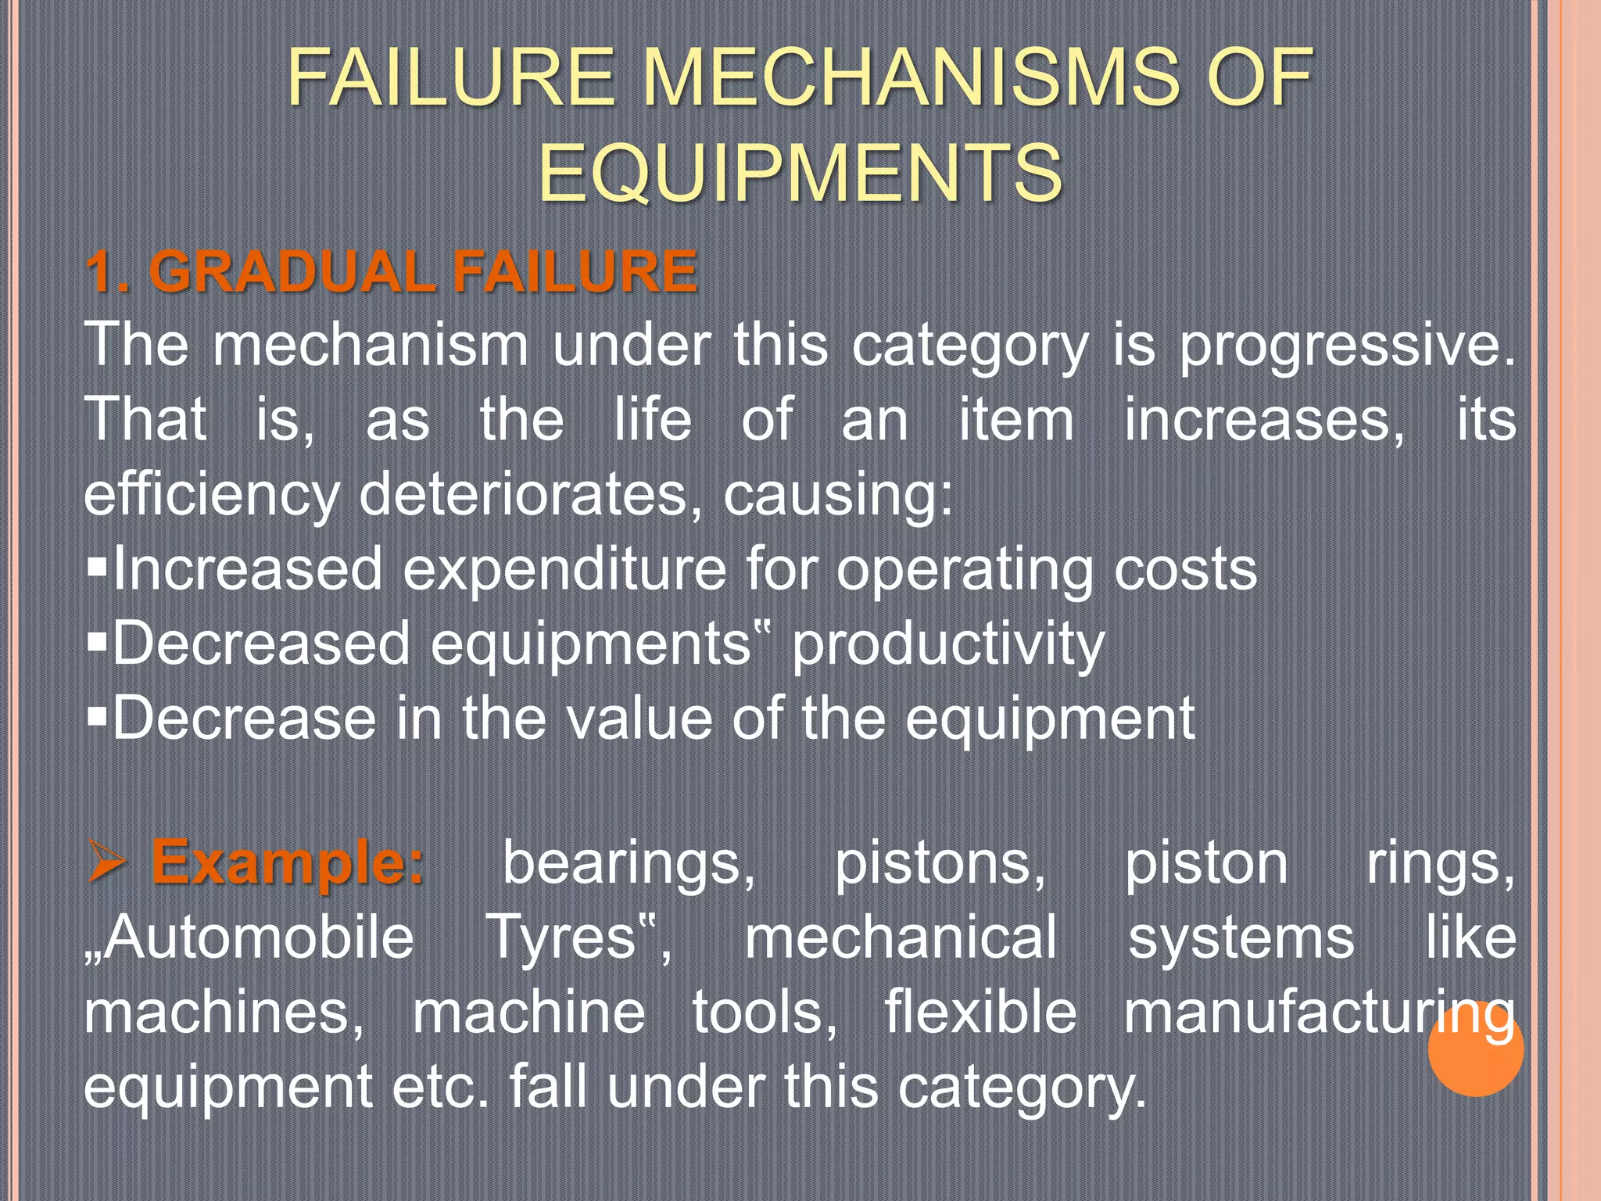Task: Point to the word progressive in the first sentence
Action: [x=1345, y=346]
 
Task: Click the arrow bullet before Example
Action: [x=107, y=862]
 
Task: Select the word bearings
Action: [x=629, y=865]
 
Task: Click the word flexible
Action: [x=980, y=1013]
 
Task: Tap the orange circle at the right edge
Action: [x=1475, y=1048]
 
